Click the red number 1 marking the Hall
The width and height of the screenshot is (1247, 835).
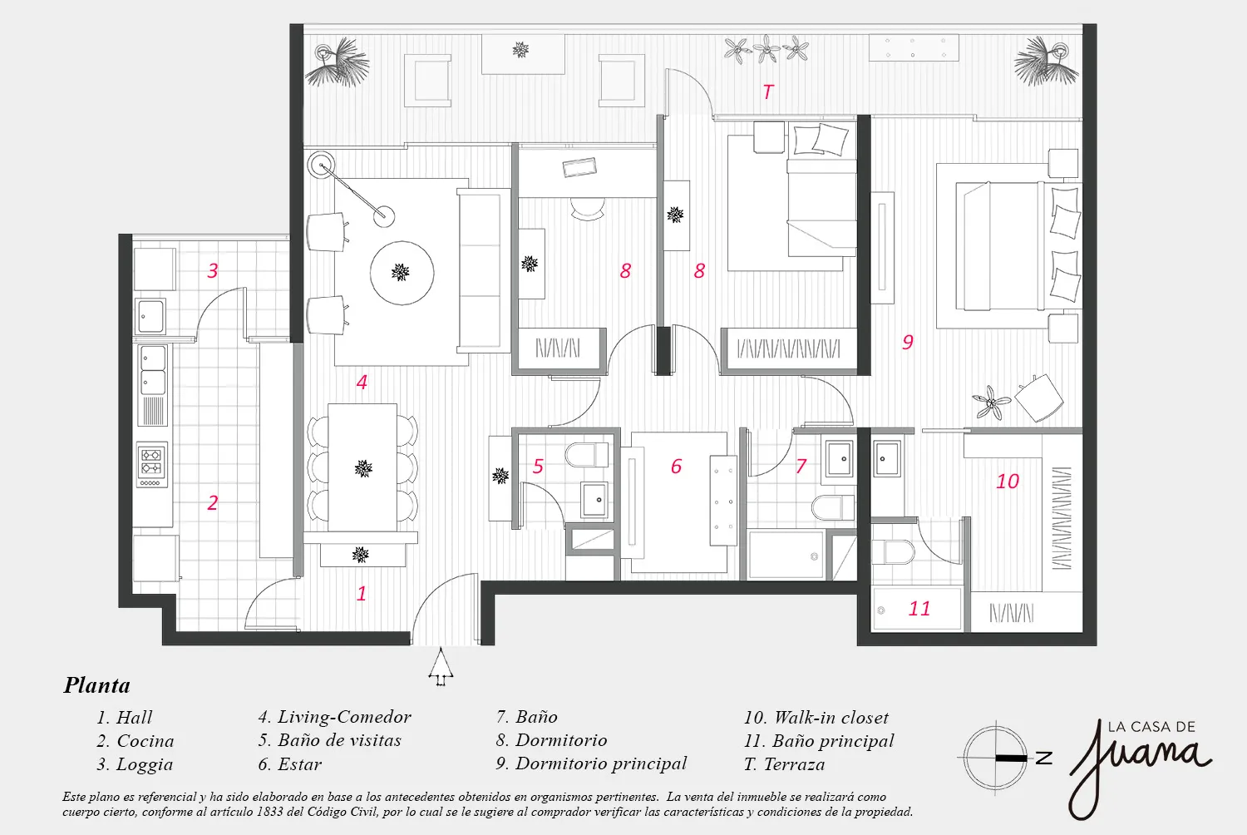point(362,594)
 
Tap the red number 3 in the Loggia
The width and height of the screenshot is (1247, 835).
point(213,270)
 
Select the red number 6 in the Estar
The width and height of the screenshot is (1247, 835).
point(676,467)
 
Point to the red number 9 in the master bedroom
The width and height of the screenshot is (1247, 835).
point(908,342)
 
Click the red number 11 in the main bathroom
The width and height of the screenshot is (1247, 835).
point(919,609)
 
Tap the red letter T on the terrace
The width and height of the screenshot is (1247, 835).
point(768,91)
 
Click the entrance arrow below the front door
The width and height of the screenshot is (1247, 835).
point(441,667)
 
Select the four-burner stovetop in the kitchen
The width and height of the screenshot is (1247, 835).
point(151,464)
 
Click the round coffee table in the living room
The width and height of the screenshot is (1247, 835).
point(402,273)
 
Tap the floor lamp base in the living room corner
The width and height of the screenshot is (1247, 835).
point(321,166)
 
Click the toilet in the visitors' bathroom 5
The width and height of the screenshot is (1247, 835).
point(587,455)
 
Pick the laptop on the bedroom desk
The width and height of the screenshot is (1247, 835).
point(579,167)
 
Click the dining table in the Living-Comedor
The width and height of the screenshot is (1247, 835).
point(362,467)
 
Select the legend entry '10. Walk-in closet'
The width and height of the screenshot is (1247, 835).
point(816,717)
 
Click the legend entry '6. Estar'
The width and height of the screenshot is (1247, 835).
point(289,764)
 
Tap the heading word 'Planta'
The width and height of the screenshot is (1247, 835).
point(97,685)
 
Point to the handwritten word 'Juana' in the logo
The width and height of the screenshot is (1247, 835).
point(1139,761)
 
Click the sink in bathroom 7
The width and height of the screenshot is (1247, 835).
point(840,458)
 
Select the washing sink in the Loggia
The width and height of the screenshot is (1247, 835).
point(150,316)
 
